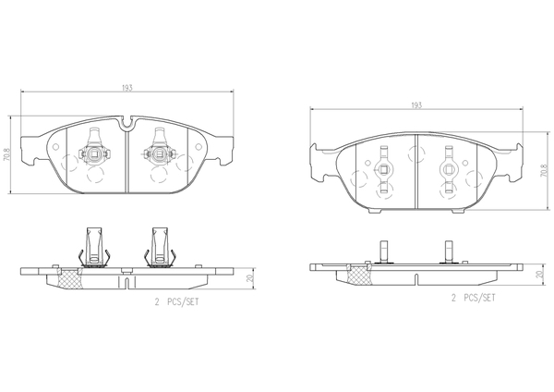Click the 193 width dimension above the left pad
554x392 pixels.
127,88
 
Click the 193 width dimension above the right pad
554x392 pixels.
416,105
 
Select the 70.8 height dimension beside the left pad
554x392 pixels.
6,154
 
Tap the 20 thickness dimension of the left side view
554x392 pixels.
250,278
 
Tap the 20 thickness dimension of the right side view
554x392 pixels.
539,275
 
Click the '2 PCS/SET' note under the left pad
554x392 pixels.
176,301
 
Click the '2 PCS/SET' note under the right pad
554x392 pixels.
473,298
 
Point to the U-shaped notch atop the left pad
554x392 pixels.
126,122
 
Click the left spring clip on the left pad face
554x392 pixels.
94,147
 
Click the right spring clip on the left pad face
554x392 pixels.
159,147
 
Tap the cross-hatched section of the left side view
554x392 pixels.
69,277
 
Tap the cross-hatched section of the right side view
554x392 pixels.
358,274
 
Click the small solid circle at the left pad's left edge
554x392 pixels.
55,147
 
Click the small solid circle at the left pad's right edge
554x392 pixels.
198,147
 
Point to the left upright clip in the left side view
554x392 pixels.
94,247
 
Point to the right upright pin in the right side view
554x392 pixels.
449,251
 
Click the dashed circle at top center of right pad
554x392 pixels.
417,153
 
